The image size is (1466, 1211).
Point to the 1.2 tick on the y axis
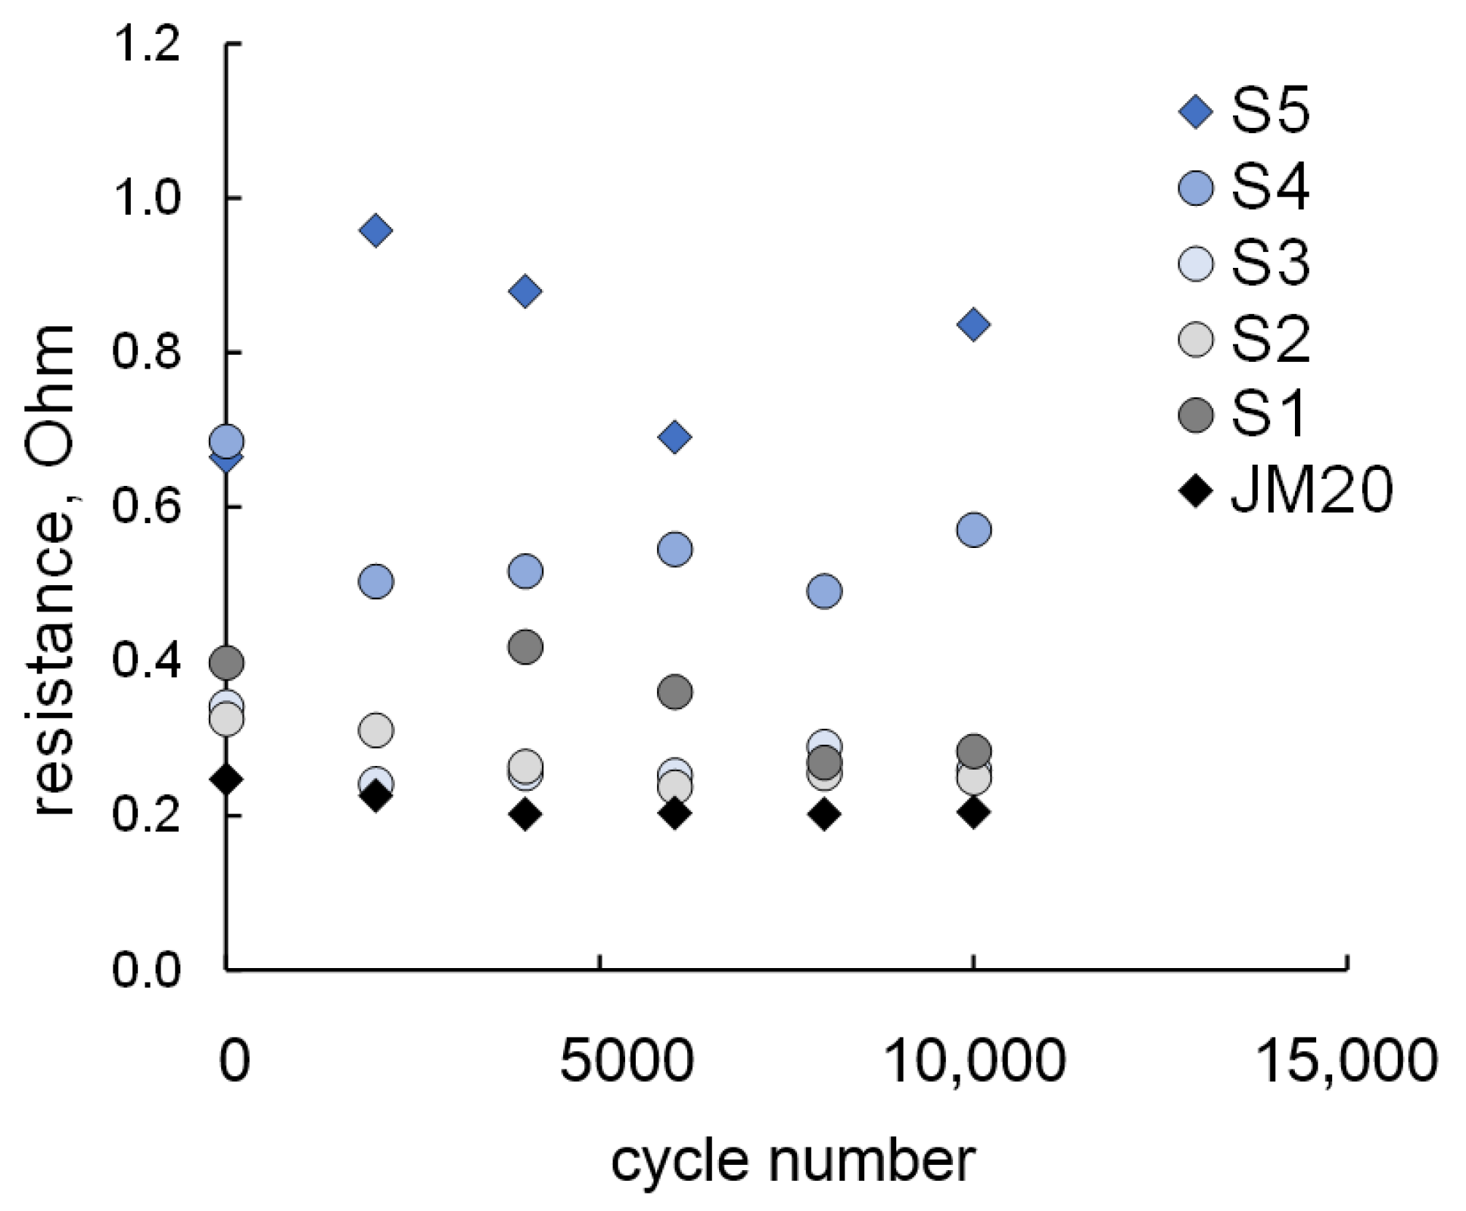(147, 43)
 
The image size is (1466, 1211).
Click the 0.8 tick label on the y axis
(147, 352)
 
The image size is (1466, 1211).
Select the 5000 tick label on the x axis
(627, 1060)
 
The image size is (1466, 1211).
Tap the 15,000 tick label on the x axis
(1346, 1060)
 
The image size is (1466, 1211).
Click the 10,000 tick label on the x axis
(973, 1060)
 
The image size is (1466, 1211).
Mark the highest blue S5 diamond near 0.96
(376, 230)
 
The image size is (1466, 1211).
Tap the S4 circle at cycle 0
(226, 441)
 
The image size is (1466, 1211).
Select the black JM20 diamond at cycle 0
(226, 779)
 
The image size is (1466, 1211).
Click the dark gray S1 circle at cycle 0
(226, 663)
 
